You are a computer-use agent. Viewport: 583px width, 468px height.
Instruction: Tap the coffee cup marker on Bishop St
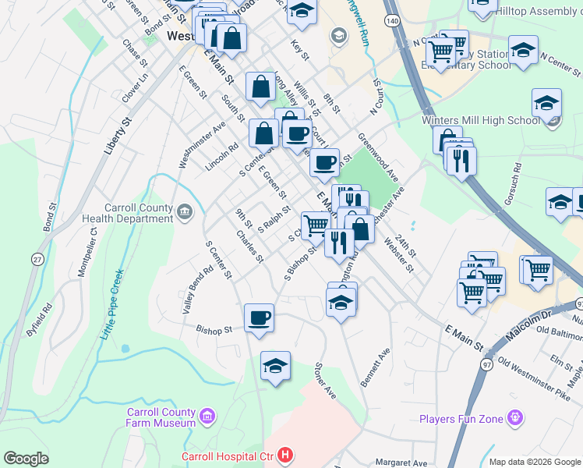(x=259, y=317)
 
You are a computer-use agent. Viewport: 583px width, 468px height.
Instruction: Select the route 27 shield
(x=37, y=260)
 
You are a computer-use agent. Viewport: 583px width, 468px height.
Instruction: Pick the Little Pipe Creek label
(x=112, y=303)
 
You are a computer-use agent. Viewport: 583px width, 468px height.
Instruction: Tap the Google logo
(x=26, y=459)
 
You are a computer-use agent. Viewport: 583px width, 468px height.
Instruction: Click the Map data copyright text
(x=534, y=462)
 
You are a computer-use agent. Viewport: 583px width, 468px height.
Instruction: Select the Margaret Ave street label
(x=401, y=462)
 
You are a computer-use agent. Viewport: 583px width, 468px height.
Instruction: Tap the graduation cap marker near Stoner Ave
(x=275, y=367)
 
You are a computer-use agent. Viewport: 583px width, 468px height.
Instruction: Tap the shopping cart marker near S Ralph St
(x=316, y=225)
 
